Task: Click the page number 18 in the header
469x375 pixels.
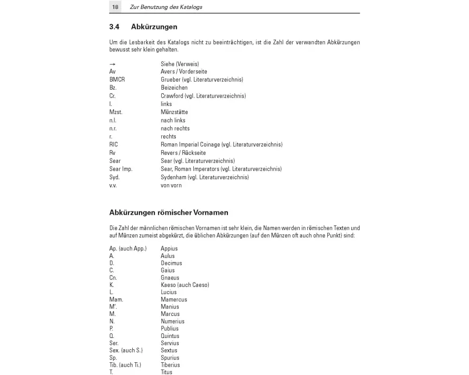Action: click(115, 7)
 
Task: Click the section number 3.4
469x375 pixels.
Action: click(115, 27)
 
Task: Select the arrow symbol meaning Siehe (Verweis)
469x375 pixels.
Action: click(113, 64)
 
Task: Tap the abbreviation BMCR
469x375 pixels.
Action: click(117, 80)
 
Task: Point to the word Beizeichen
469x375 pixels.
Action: click(174, 88)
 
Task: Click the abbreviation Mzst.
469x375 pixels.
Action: click(115, 112)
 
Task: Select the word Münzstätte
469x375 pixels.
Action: click(174, 112)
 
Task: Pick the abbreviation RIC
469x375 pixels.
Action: click(113, 144)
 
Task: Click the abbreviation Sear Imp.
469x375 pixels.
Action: click(121, 169)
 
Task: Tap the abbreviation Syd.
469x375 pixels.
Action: click(114, 177)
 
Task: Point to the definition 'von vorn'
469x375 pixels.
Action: click(171, 185)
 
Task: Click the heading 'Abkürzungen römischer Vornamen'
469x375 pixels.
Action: click(169, 213)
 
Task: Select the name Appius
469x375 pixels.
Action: click(169, 248)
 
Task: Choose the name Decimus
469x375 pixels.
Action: click(171, 263)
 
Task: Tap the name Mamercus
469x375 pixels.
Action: click(174, 300)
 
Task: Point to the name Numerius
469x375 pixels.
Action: click(173, 321)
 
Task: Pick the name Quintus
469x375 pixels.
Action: click(170, 336)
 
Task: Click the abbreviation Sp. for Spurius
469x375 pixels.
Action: click(113, 358)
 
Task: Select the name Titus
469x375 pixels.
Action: click(166, 372)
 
